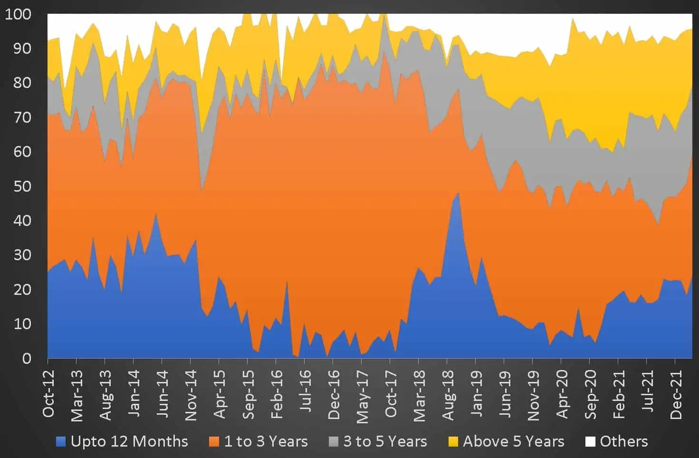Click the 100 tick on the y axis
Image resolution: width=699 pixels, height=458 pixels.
(18, 14)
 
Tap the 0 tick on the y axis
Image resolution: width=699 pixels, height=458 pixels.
(27, 359)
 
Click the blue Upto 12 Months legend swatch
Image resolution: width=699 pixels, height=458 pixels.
(61, 442)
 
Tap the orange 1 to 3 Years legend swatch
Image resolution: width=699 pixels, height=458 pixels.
(214, 442)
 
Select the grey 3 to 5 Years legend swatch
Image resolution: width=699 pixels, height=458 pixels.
(334, 442)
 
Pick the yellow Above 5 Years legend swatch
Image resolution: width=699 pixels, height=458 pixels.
(453, 442)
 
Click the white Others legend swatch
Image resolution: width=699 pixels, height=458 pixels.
(590, 442)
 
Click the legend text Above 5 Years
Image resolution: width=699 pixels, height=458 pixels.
(514, 442)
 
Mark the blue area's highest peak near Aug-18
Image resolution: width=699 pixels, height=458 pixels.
(458, 192)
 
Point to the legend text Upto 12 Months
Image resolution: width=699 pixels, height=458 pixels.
(129, 442)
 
